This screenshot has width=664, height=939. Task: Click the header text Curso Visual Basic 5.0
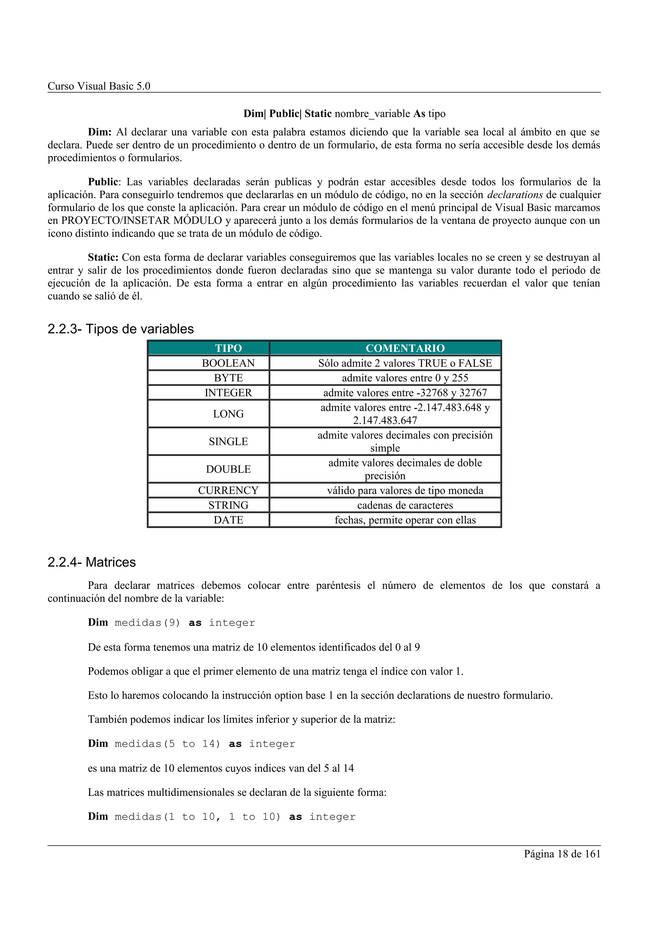point(99,86)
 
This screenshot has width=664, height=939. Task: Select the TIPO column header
point(228,348)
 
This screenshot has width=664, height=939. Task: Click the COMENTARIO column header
point(405,348)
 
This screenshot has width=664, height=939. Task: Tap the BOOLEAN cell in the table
point(228,363)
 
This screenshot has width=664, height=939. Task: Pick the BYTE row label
point(228,378)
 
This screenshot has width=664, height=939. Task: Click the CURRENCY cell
point(228,490)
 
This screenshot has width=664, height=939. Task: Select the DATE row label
point(228,520)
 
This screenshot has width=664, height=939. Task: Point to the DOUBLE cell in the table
point(228,469)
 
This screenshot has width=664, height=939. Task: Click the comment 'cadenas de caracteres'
point(405,505)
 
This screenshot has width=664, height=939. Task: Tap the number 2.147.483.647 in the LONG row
point(385,421)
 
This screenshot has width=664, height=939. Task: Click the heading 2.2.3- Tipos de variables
point(121,329)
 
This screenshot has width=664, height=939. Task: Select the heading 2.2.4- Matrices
point(92,562)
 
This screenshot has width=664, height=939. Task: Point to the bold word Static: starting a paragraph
point(103,257)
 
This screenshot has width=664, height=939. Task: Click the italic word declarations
point(515,195)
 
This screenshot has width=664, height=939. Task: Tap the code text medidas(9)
point(147,623)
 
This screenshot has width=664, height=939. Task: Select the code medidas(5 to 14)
point(167,744)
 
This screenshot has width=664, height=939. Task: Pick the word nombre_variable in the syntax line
point(372,114)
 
